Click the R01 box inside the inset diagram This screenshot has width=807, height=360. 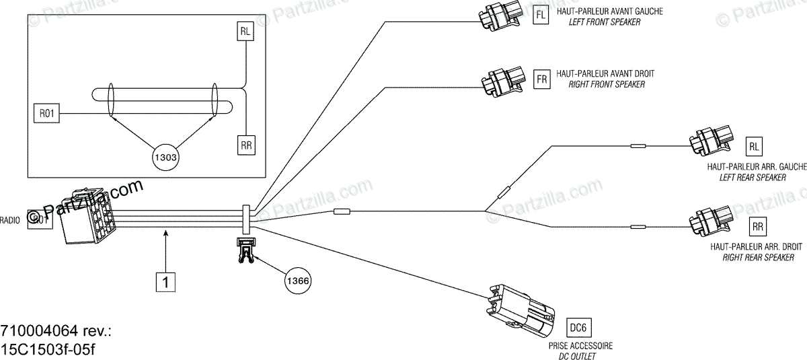pyautogui.click(x=46, y=114)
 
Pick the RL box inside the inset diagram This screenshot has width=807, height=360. pyautogui.click(x=247, y=31)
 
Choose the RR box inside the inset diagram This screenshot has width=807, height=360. pyautogui.click(x=247, y=144)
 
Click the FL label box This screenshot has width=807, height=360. pyautogui.click(x=541, y=15)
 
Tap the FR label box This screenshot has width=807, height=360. pyautogui.click(x=541, y=79)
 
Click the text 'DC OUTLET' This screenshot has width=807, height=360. pyautogui.click(x=580, y=355)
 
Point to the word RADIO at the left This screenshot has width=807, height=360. pyautogui.click(x=10, y=219)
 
